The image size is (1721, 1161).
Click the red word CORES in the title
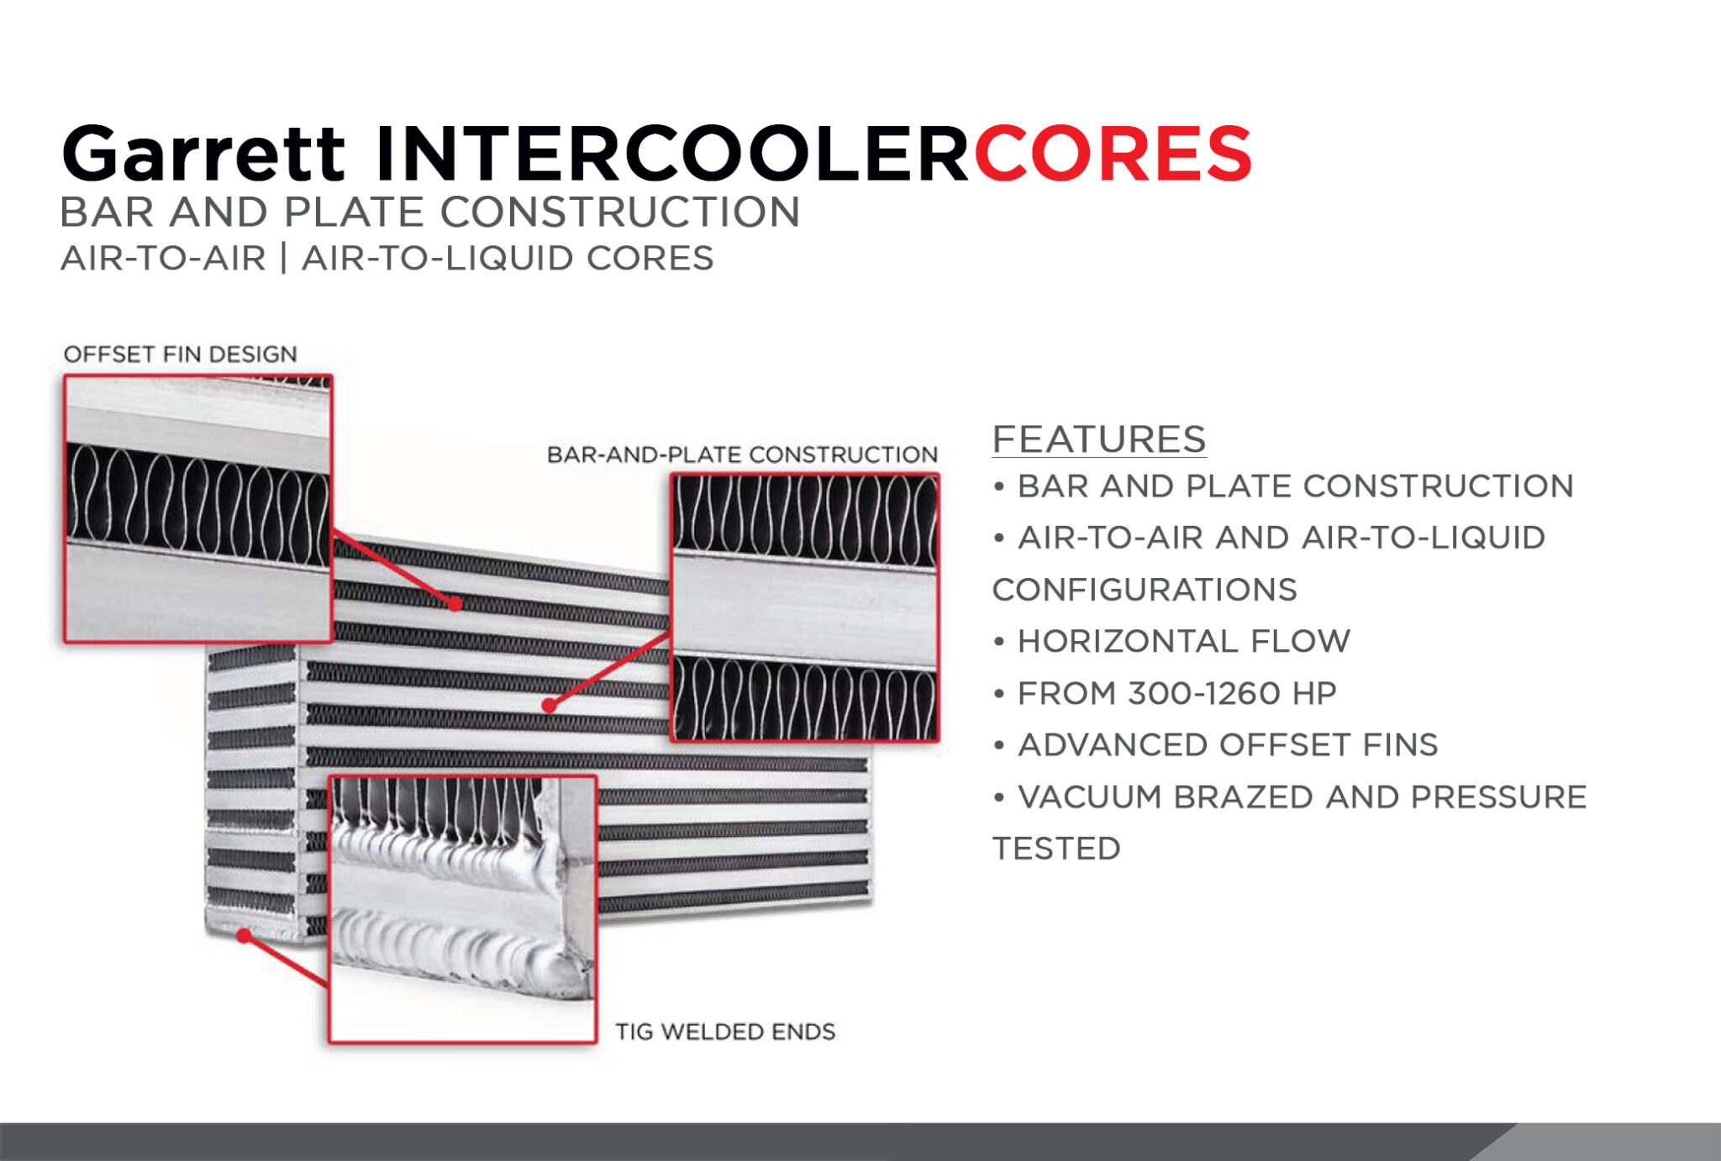point(1113,153)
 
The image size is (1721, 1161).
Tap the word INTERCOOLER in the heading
point(671,153)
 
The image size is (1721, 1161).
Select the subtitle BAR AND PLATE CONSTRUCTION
point(429,212)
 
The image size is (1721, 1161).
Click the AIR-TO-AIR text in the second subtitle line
point(163,258)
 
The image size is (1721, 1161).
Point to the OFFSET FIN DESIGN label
point(181,354)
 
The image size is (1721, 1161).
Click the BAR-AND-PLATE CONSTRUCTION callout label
point(742,454)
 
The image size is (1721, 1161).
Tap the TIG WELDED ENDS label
point(725,1032)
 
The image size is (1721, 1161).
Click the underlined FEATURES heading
point(1099,439)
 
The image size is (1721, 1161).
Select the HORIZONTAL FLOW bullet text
point(1183,641)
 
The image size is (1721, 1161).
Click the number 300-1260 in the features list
point(1204,693)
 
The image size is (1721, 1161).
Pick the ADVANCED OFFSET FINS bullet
point(1228,745)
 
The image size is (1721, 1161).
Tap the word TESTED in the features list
point(1056,848)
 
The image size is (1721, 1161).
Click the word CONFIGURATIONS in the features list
point(1145,590)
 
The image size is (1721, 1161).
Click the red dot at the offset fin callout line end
point(455,603)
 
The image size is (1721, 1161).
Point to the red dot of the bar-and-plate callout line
point(549,706)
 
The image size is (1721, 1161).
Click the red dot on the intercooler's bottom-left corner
point(244,935)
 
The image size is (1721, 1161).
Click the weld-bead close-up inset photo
point(463,909)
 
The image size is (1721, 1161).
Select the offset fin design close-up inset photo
point(198,509)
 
